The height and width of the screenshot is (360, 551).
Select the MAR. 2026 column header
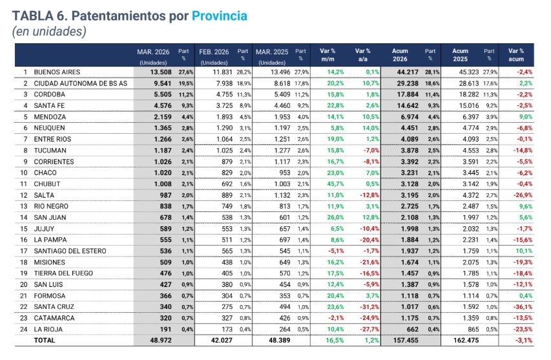click(152, 52)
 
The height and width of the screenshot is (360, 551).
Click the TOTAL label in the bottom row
click(45, 339)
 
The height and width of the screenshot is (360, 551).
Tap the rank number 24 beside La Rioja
click(25, 328)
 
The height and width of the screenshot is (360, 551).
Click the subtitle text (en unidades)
click(49, 31)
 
